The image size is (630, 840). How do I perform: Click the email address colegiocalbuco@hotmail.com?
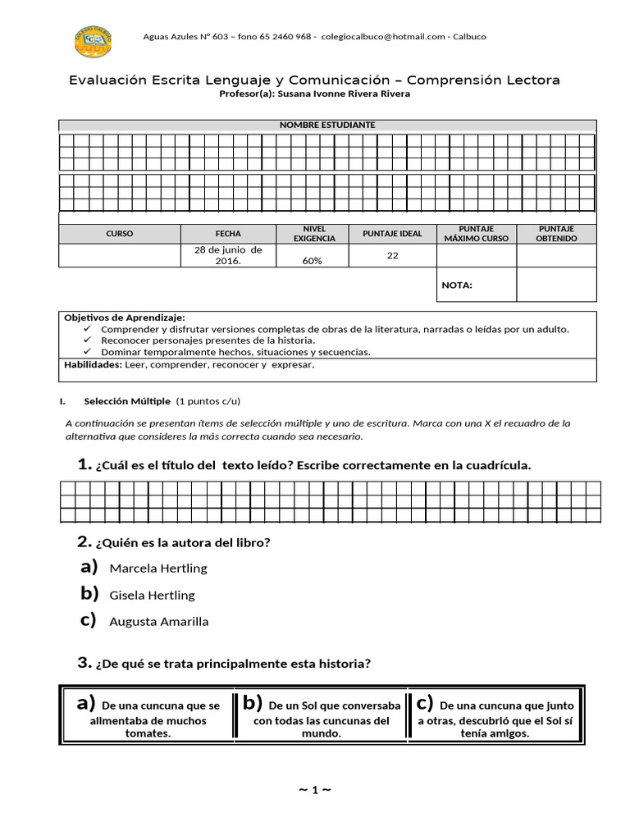coord(383,36)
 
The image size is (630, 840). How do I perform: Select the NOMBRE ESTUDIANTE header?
coord(327,125)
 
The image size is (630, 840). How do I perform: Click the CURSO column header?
coord(119,234)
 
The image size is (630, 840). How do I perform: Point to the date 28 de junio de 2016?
coord(228,255)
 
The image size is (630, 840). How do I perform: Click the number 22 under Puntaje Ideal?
coord(392,255)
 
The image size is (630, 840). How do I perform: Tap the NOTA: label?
coord(457,285)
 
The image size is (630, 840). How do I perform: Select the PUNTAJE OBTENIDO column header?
coord(556,234)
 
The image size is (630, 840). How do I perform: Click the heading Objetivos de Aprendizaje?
coord(125,317)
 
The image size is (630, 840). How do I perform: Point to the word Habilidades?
coord(91,365)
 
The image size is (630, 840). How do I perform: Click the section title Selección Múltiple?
coord(127,401)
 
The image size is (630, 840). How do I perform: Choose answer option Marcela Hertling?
coord(157,568)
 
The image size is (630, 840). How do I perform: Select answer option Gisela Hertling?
coord(152,595)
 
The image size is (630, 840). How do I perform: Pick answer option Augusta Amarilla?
coord(158,621)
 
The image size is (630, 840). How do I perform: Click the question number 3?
coord(83,663)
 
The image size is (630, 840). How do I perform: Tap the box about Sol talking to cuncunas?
coord(321,713)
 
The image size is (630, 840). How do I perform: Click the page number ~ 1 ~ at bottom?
coord(314,789)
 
